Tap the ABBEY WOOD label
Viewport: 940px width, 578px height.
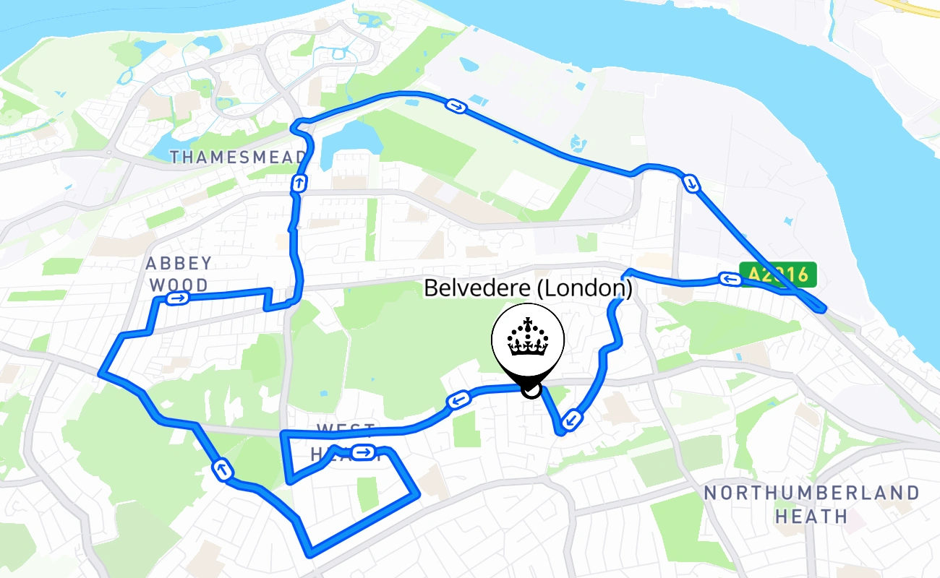tap(179, 274)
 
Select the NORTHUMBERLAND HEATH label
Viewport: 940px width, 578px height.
tap(811, 504)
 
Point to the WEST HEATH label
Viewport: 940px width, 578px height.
tap(345, 441)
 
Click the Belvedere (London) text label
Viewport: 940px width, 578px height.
tap(528, 288)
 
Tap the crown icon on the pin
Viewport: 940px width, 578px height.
tap(528, 337)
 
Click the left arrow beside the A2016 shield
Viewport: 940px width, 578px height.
tap(730, 279)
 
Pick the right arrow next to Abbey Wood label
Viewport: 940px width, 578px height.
tap(177, 298)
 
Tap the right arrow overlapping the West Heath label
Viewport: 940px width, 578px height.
tap(365, 453)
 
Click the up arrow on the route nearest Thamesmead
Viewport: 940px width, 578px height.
tap(298, 184)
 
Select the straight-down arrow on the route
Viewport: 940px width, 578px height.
tap(692, 184)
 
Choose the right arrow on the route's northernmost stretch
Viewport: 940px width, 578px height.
tap(456, 107)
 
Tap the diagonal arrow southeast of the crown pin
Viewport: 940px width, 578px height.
tap(572, 418)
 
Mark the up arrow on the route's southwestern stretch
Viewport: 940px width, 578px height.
tap(223, 470)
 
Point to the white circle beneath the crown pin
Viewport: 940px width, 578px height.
tap(531, 391)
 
